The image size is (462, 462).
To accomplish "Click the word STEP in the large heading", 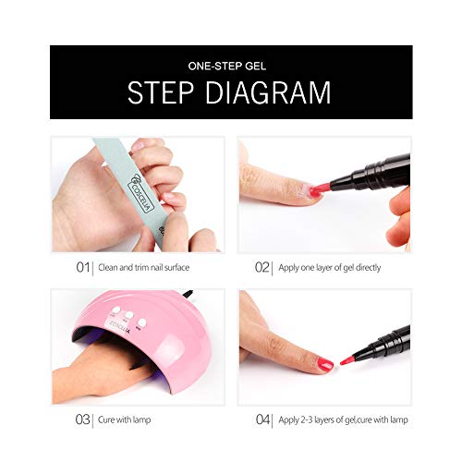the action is [161, 92].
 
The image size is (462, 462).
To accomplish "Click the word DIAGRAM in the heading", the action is [268, 92].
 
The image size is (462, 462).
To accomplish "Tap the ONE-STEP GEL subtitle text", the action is [227, 67].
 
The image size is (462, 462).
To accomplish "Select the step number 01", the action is [82, 267].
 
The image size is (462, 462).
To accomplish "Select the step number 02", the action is [262, 267].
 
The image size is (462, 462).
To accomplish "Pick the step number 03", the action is [82, 419].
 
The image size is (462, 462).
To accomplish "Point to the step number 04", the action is [262, 419].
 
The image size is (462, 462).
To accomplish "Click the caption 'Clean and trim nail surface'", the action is [143, 267].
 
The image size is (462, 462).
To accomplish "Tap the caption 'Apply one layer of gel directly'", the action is [330, 268].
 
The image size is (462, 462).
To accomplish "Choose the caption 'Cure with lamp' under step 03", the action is [124, 419].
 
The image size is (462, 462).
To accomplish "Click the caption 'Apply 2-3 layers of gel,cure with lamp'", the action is [343, 419].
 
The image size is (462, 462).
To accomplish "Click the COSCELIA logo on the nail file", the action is [141, 192].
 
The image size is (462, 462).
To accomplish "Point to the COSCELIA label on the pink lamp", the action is [117, 328].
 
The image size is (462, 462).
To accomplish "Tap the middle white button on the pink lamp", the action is [128, 315].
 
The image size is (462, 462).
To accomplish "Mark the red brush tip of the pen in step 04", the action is [346, 359].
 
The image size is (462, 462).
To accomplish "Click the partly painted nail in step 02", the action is [311, 191].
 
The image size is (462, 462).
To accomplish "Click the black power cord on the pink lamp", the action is [188, 294].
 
